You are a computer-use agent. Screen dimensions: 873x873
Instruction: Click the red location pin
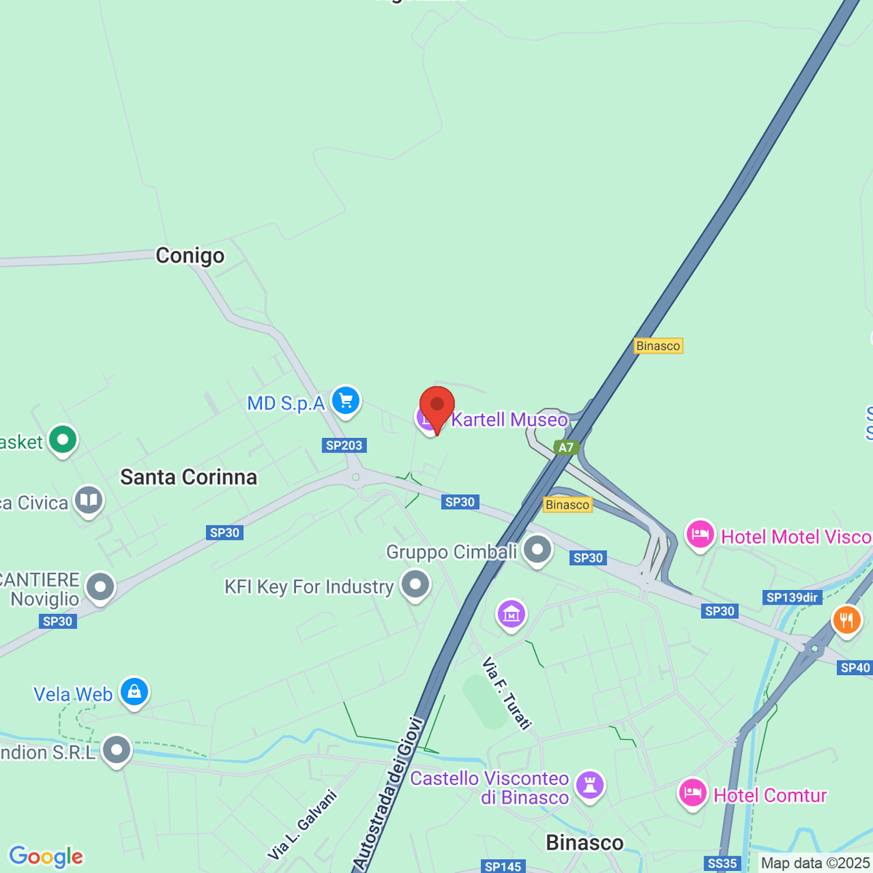click(437, 407)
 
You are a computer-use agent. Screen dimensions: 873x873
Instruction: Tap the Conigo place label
click(190, 256)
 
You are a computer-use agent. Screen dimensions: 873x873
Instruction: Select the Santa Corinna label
click(188, 477)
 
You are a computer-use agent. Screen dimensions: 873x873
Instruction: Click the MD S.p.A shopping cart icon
click(346, 401)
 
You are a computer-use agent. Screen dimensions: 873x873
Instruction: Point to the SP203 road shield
click(344, 445)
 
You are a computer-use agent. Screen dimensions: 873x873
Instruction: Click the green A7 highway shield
click(566, 447)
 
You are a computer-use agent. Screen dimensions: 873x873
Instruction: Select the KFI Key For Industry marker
click(416, 585)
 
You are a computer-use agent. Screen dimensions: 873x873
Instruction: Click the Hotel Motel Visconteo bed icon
click(700, 535)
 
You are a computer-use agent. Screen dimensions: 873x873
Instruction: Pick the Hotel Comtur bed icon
click(693, 794)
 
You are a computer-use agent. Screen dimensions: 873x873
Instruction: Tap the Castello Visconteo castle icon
click(589, 785)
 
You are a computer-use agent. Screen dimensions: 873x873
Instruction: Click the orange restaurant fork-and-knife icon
click(845, 621)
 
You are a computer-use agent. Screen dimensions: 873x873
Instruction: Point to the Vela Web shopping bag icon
click(135, 692)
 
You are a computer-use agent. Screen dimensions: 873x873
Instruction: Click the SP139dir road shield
click(792, 597)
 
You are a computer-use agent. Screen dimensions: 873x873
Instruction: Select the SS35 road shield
click(722, 864)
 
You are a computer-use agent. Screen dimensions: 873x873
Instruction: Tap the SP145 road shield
click(503, 866)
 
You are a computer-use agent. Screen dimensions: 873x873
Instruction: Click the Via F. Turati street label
click(507, 693)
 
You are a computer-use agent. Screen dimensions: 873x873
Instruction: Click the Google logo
click(46, 857)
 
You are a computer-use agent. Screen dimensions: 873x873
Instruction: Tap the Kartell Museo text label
click(509, 420)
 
